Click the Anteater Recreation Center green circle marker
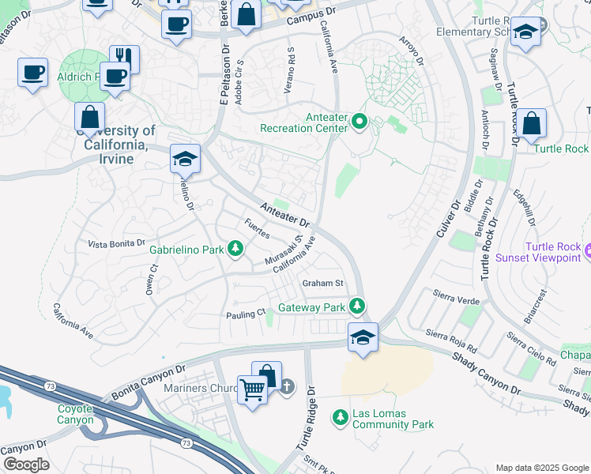(359, 122)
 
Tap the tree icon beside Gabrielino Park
(235, 250)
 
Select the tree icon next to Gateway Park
(357, 305)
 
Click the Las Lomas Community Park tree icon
(341, 416)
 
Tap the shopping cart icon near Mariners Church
(252, 388)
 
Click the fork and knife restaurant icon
(124, 57)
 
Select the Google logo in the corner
(25, 465)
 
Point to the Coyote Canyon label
(75, 414)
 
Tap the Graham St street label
(323, 284)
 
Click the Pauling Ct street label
(246, 314)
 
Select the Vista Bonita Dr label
(117, 243)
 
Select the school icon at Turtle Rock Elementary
(525, 32)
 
